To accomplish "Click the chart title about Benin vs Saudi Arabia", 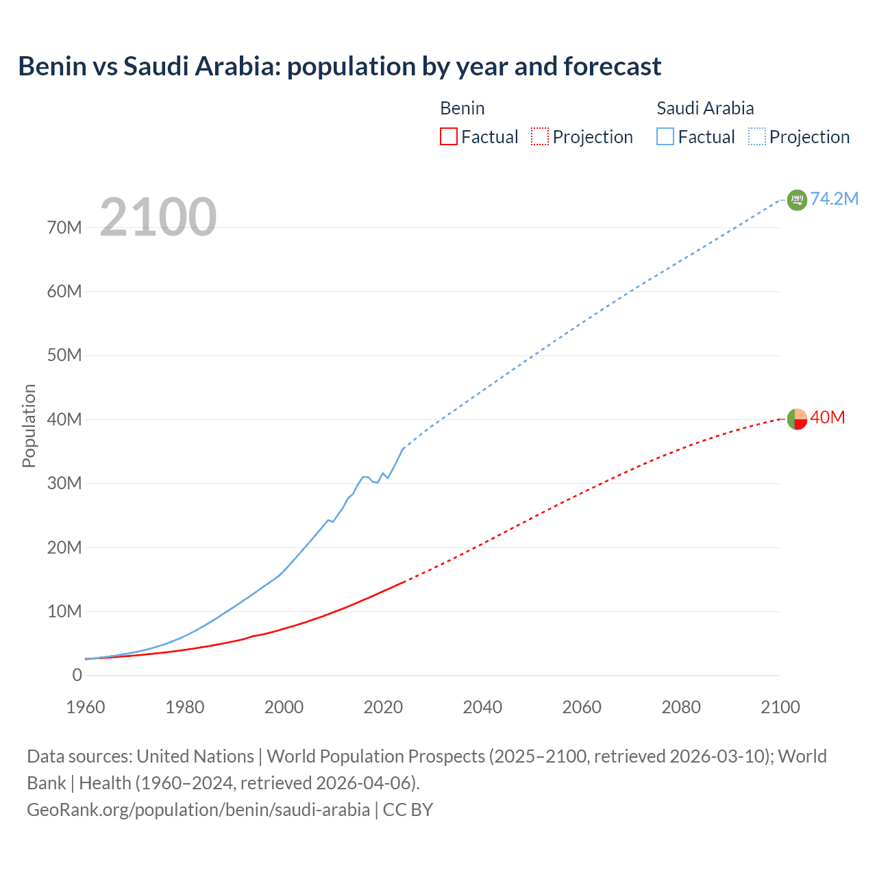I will pos(339,66).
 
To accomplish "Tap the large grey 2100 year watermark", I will pos(158,217).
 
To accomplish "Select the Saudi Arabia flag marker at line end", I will pos(797,200).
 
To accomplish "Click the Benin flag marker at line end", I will pos(797,419).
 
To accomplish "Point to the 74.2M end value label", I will pos(835,199).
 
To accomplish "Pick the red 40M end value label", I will pos(828,417).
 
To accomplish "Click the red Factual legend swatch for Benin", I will pos(449,136).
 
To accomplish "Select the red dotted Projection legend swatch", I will pos(540,136).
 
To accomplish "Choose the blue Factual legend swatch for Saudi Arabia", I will pos(665,136).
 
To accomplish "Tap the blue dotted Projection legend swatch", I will pos(757,136).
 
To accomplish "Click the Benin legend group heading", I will pos(462,108).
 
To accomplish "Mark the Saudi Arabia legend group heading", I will pos(705,108).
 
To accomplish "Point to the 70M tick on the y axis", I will pos(64,227).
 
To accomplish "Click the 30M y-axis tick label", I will pos(64,483).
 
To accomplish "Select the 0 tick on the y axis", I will pos(77,675).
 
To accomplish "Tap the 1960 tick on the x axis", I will pos(86,707).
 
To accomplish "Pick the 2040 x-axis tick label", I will pos(482,707).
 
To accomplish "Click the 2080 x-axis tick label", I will pos(681,707).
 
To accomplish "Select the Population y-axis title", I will pos(29,425).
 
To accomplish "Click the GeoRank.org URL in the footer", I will pos(198,809).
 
